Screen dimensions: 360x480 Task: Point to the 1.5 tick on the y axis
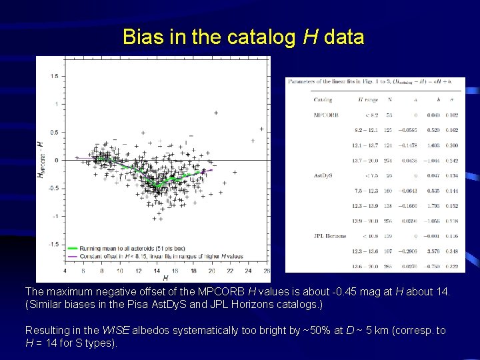tap(53, 76)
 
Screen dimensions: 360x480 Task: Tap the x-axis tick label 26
tap(266, 271)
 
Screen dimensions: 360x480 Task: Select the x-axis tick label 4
tap(65, 271)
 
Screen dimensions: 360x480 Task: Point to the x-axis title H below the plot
tap(165, 277)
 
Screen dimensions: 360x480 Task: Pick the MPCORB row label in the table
tap(326, 115)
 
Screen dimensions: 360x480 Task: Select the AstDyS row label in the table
tap(323, 176)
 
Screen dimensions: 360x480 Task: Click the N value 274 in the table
tap(387, 161)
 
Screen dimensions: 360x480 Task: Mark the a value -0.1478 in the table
tap(408, 145)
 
